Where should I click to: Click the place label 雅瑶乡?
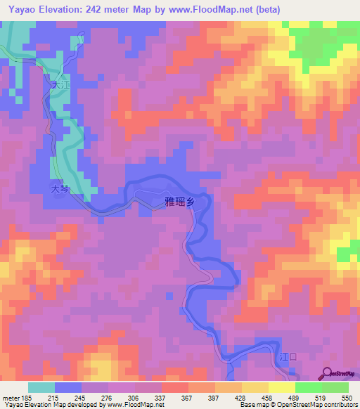[x=179, y=202]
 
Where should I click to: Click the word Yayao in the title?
[x=18, y=10]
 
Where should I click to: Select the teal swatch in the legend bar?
[x=41, y=387]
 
